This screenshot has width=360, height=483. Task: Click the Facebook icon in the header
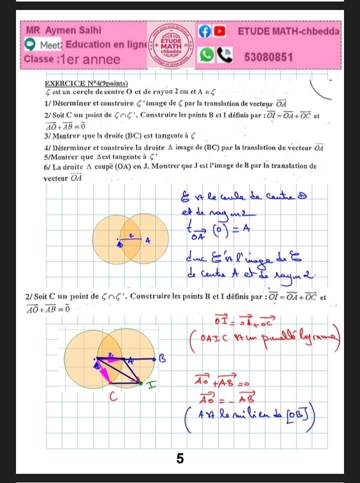tap(204, 31)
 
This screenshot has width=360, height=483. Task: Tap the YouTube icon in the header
tap(219, 31)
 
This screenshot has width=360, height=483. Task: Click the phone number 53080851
tap(268, 57)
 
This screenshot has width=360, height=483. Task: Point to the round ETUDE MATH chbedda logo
tap(172, 43)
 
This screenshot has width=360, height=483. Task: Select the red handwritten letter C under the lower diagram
tap(113, 397)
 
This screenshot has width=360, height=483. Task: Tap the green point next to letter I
tap(141, 383)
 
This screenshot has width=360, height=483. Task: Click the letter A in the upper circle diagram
tap(147, 240)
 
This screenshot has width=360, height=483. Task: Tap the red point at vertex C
tap(110, 383)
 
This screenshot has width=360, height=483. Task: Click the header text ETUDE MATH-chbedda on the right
tap(289, 31)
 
